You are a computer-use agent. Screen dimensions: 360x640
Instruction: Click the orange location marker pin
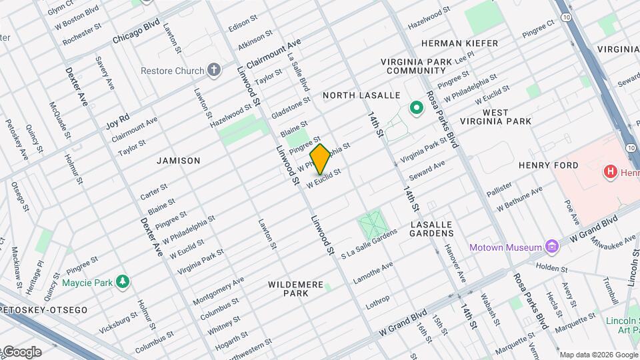(x=321, y=159)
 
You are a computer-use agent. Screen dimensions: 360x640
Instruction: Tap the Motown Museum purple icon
(x=551, y=247)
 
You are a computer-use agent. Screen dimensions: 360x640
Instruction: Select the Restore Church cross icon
(x=213, y=70)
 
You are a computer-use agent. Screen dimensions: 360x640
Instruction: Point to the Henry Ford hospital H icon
(x=609, y=173)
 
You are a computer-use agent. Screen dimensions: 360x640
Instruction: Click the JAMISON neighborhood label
(x=178, y=161)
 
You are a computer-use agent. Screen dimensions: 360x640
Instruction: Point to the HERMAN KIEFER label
(x=459, y=43)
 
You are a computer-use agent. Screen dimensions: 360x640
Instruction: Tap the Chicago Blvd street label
(x=136, y=31)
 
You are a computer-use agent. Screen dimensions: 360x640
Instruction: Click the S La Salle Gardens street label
(x=369, y=243)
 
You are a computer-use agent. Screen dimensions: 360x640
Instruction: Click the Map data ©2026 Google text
(x=598, y=355)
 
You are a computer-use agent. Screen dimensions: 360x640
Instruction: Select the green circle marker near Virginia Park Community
(x=417, y=107)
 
